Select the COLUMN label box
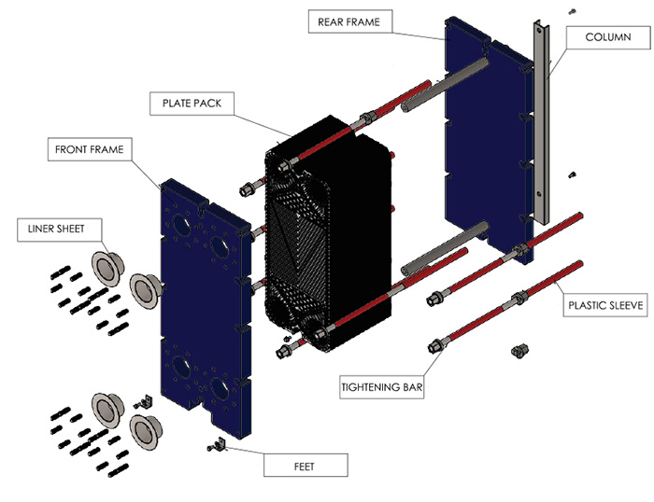(x=607, y=37)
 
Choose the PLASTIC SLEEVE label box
(x=605, y=304)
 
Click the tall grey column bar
(x=540, y=121)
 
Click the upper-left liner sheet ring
(x=108, y=267)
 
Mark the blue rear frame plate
(x=476, y=140)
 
